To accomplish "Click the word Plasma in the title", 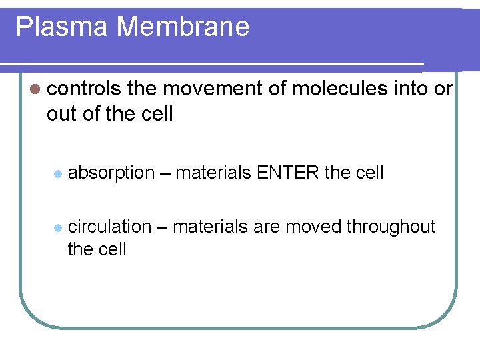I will (x=61, y=27).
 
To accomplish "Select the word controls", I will (x=84, y=89).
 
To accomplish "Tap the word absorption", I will (x=111, y=173).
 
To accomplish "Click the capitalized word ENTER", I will (x=287, y=173).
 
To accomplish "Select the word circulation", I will (x=110, y=227).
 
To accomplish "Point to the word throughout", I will (x=391, y=227).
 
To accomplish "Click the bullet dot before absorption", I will (x=58, y=173).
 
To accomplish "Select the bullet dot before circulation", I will (x=58, y=227).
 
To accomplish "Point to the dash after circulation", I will (x=162, y=227).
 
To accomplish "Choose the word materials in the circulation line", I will (x=210, y=227).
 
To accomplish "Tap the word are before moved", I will (x=267, y=227).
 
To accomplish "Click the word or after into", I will (x=443, y=89).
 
